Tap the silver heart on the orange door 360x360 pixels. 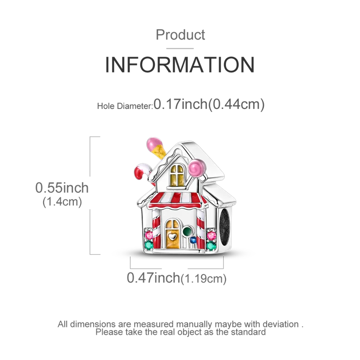[x=171, y=234]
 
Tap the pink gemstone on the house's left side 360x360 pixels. [x=148, y=234]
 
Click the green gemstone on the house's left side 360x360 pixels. [x=148, y=246]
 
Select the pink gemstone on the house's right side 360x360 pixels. [x=211, y=234]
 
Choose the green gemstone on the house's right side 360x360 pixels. [x=211, y=246]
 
